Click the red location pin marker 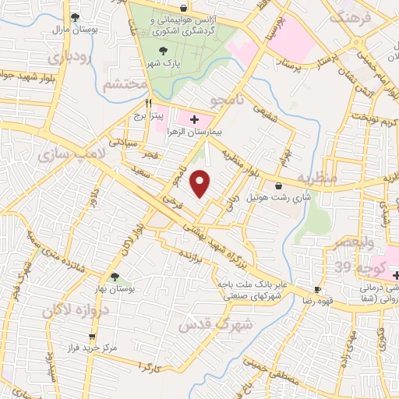tap(202, 183)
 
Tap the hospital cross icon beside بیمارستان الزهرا tap(194, 121)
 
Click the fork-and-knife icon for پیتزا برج tap(148, 103)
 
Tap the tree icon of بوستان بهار tap(115, 277)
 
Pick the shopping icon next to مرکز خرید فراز tap(93, 337)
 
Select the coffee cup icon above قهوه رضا tap(316, 288)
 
